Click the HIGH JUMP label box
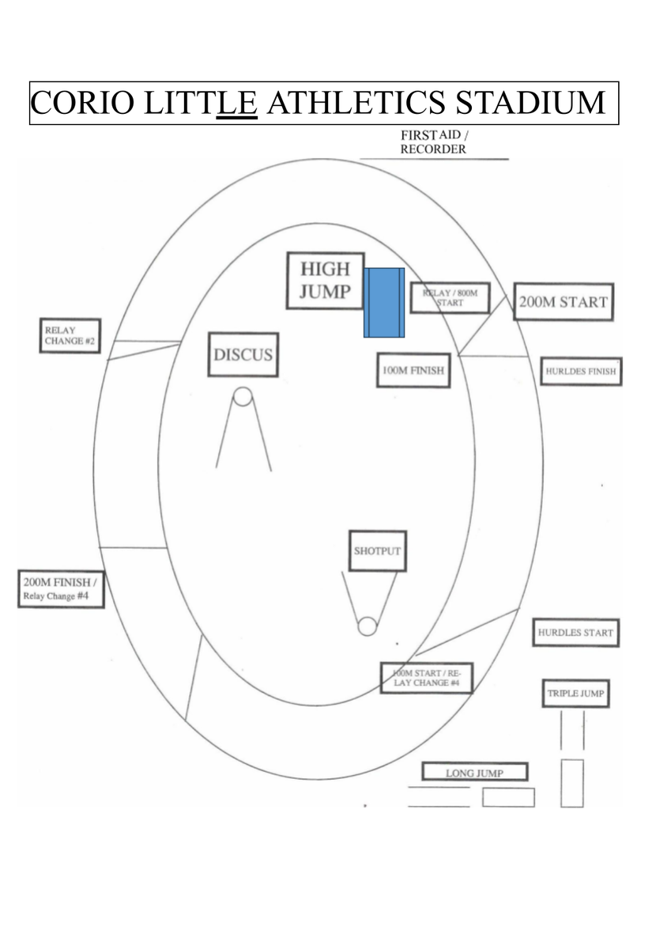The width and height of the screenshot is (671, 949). coord(325,281)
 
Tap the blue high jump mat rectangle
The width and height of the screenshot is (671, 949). coord(384,302)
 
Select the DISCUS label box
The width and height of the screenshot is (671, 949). coord(243,354)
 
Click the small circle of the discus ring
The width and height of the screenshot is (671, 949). coord(243,396)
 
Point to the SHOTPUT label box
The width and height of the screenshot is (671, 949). coord(378,550)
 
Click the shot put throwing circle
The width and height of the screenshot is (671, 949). coord(367,626)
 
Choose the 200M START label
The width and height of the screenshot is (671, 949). coord(564,301)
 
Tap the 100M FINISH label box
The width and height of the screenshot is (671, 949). coord(413,370)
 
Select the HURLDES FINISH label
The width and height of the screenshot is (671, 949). coord(581,372)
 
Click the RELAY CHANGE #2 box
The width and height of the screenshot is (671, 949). coord(70,335)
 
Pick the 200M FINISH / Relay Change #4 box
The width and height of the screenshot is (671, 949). coord(61,589)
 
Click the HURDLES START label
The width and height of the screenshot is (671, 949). coord(575,633)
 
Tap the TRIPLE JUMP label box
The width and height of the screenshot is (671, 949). coord(575,694)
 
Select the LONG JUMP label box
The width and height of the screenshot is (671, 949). coord(474,773)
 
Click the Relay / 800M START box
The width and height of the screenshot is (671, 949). coord(450,298)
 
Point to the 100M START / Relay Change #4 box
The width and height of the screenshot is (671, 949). coord(426,678)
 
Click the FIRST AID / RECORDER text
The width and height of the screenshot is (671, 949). coord(434,142)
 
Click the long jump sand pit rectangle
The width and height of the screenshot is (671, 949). coord(508,797)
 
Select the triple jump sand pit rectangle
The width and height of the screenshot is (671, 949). coord(572,784)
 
